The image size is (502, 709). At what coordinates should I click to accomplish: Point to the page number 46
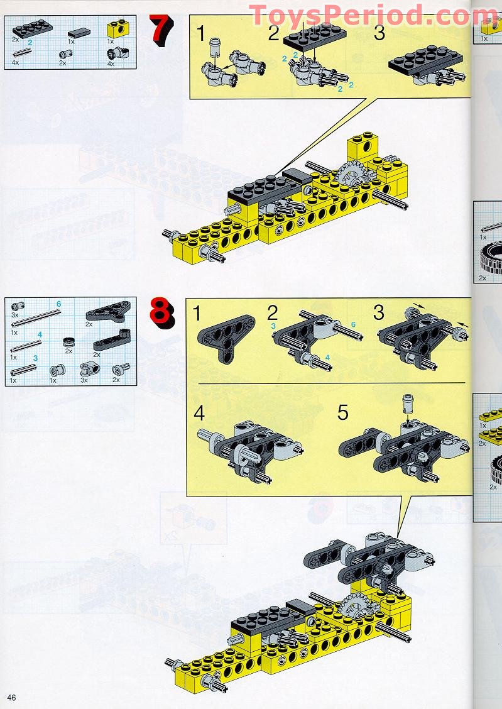click(12, 697)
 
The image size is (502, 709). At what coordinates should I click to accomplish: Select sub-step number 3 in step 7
click(379, 33)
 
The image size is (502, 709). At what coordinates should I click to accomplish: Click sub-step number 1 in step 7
click(200, 33)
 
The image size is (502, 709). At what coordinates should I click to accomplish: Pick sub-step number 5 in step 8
click(342, 413)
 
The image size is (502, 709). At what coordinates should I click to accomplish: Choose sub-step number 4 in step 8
click(199, 413)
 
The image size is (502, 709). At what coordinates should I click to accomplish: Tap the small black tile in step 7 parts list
click(79, 30)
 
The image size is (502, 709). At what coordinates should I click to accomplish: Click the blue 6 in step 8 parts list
click(58, 304)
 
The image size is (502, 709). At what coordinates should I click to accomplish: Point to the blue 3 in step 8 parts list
click(36, 357)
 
